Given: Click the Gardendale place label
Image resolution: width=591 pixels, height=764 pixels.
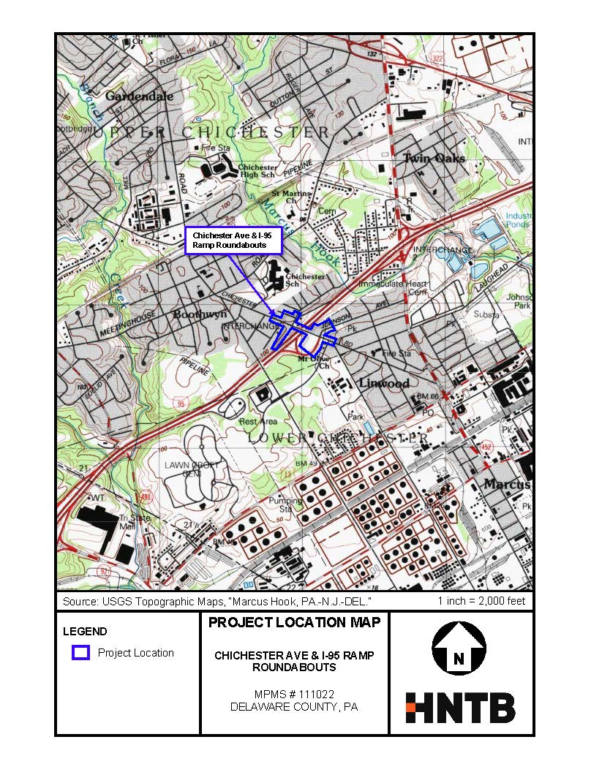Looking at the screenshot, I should pyautogui.click(x=139, y=96).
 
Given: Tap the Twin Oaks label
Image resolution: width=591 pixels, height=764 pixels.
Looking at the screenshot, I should pyautogui.click(x=434, y=159).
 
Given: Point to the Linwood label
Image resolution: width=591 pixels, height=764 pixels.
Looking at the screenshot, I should pyautogui.click(x=383, y=383).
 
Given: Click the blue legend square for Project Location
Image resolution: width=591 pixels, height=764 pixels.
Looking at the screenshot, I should pyautogui.click(x=80, y=652).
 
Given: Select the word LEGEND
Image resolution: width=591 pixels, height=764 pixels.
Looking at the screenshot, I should pyautogui.click(x=85, y=632).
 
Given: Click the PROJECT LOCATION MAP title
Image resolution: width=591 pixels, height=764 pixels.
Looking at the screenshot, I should pyautogui.click(x=294, y=623).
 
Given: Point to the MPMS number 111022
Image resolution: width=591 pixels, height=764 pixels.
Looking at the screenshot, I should pyautogui.click(x=294, y=694).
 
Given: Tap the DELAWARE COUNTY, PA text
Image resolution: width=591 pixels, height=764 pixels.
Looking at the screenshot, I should pyautogui.click(x=294, y=707).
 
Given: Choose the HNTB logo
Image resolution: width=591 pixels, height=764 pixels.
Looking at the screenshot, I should pyautogui.click(x=460, y=708).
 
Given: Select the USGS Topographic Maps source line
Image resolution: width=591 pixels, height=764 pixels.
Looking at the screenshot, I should pyautogui.click(x=217, y=601).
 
